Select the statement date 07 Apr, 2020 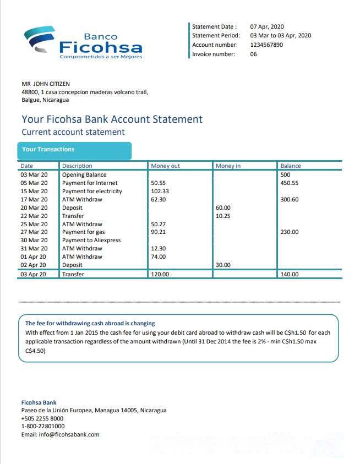point(267,26)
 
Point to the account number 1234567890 point(266,45)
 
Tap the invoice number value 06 point(253,54)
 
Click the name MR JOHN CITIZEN point(46,84)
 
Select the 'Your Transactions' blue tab point(74,150)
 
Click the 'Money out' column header point(165,166)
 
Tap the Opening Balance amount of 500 point(285,174)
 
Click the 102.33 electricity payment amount point(160,191)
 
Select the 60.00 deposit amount point(223,208)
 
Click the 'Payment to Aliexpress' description point(91,240)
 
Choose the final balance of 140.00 point(290,274)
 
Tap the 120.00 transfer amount point(160,274)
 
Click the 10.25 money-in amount point(223,216)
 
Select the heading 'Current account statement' point(73,132)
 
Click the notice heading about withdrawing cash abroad point(90,323)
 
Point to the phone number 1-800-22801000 point(42,426)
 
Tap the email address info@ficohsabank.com point(60,434)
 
